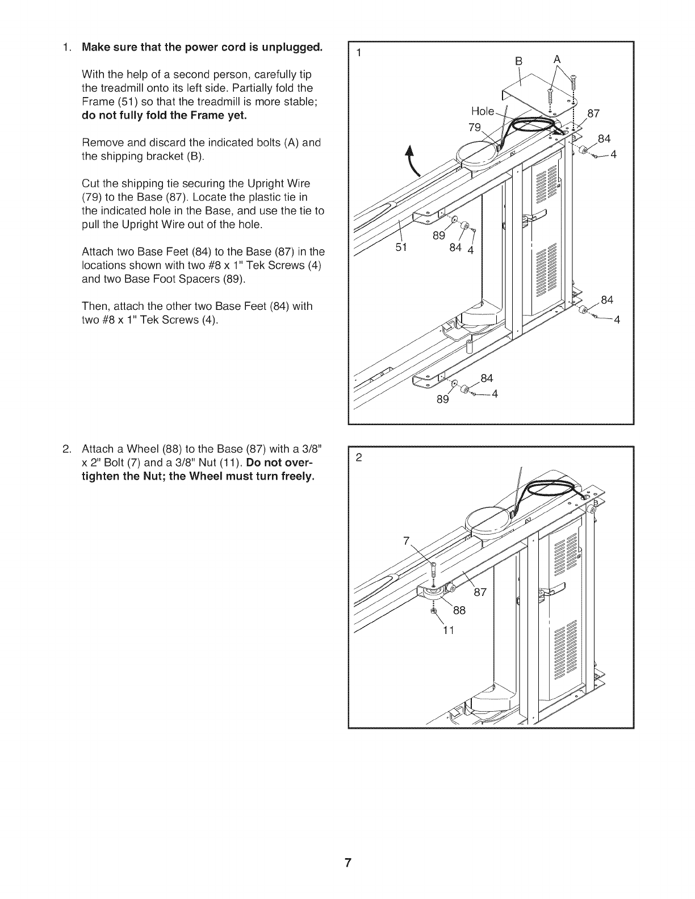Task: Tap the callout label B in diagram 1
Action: (517, 61)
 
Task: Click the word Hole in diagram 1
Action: (483, 111)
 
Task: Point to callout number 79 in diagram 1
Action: (475, 126)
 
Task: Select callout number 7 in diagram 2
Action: (406, 541)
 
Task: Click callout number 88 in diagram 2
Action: (459, 611)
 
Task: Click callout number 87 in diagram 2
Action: (480, 593)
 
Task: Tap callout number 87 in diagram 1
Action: (593, 114)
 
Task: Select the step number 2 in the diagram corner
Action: (358, 457)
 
